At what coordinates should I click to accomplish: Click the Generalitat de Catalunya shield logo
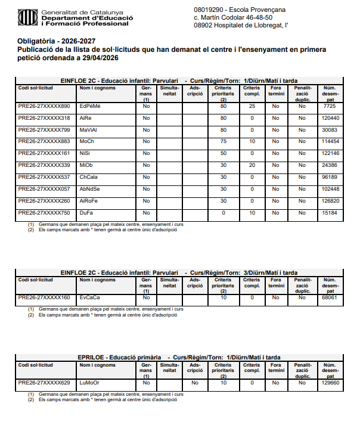pos(27,17)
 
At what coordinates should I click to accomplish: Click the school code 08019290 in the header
pos(209,10)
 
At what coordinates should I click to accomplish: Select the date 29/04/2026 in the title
pos(98,58)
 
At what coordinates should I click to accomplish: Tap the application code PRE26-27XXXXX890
pos(44,107)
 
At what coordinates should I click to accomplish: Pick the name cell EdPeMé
pos(90,107)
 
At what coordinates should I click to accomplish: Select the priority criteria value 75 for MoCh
pos(224,142)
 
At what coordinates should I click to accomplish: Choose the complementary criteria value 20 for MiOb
pos(252,165)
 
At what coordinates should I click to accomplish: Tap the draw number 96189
pos(330,177)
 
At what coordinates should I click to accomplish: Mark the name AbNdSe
pos(90,189)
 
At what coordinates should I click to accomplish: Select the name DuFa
pos(86,213)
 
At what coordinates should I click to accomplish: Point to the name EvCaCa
pos(90,297)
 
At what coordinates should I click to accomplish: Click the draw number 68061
pos(330,297)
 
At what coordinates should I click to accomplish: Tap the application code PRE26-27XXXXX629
pos(44,383)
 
